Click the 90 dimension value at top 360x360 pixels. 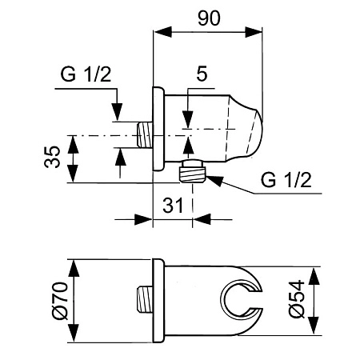pos(209,18)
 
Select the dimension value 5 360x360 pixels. pos(202,74)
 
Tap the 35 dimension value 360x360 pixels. pos(52,157)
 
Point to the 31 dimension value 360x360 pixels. pos(173,206)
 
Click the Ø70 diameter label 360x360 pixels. pos(59,301)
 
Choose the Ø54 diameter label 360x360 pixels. pos(297,299)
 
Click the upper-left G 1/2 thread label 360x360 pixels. pos(86,74)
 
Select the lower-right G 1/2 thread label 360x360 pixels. pos(286,180)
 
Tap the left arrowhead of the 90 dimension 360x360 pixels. pos(162,32)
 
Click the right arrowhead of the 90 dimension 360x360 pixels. pos(254,32)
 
